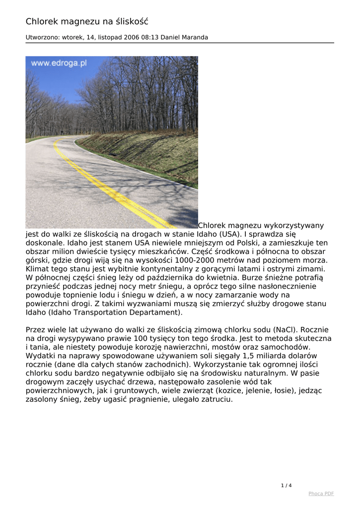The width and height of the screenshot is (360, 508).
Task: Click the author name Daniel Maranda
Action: click(185, 37)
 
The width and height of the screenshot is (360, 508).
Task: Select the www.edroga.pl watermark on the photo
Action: click(59, 63)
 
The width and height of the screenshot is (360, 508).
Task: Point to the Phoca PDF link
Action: click(321, 494)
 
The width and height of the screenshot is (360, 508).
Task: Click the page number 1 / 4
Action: click(287, 485)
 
